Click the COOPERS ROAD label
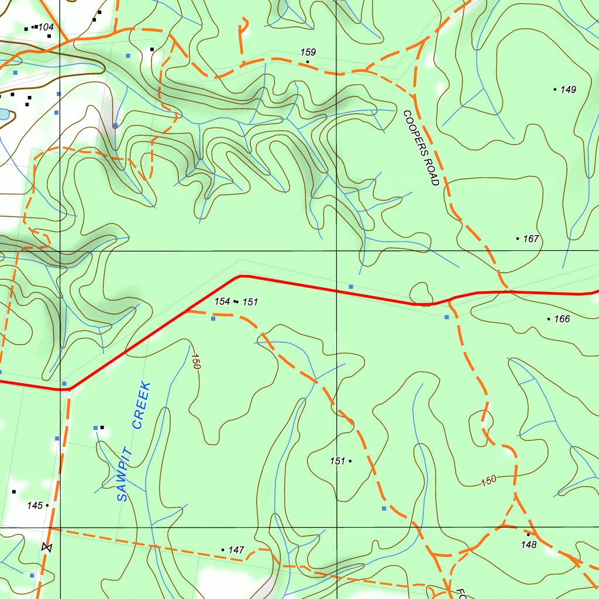tap(421, 148)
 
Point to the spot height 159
tap(308, 53)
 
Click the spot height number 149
tap(568, 89)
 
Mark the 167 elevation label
tap(531, 239)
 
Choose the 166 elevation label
tap(562, 319)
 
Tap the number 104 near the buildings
tap(46, 27)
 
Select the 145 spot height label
tap(35, 505)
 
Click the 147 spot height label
tap(236, 550)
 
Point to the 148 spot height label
tap(528, 545)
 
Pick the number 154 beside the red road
tap(222, 301)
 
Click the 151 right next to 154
tap(250, 302)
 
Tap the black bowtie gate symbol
tap(47, 548)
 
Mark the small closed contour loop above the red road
tap(421, 292)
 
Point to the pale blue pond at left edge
tap(3, 114)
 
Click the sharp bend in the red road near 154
tap(240, 276)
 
